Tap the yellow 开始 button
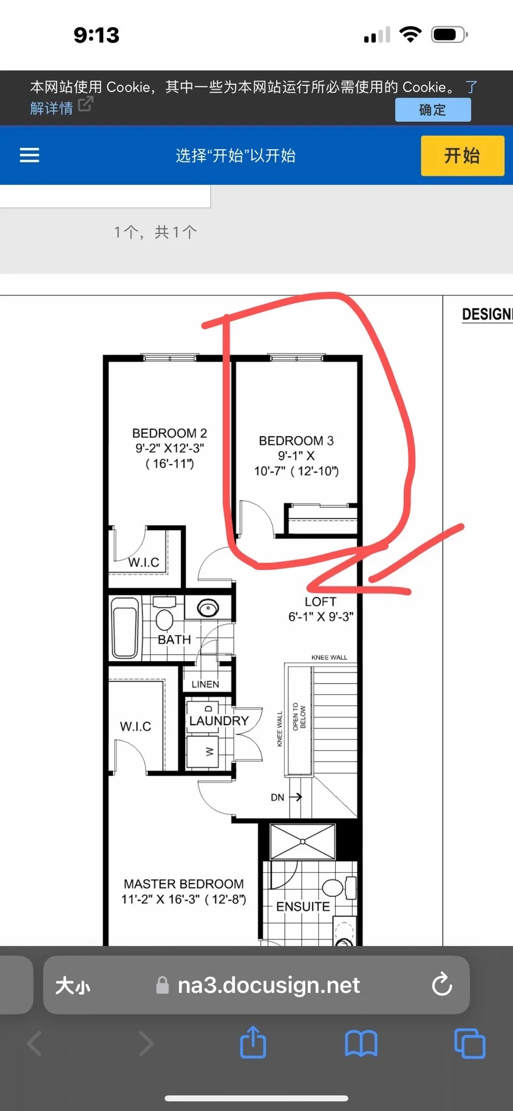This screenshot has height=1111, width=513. [463, 156]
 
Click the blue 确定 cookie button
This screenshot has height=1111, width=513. [433, 110]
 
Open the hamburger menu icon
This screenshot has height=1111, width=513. [30, 155]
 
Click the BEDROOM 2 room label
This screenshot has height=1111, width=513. [169, 433]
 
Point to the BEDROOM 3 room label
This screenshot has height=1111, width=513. [296, 441]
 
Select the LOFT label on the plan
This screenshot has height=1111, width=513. [321, 602]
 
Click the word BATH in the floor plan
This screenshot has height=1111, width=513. [174, 640]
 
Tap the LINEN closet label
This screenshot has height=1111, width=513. [205, 684]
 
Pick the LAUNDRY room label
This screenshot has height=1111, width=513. [219, 720]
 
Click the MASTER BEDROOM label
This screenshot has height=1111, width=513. [184, 884]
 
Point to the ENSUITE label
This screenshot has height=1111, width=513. [303, 907]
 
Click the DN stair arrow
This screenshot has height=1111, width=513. [296, 797]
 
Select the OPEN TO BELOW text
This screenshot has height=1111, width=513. [299, 717]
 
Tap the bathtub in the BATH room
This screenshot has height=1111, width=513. [125, 628]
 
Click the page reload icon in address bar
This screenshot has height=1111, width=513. [442, 985]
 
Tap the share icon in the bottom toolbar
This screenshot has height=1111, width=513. [253, 1042]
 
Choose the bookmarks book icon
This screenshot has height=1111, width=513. [361, 1044]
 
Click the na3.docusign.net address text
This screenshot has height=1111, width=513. [269, 985]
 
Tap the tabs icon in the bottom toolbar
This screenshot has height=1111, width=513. [470, 1044]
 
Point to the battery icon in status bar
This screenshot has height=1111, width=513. [449, 35]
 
